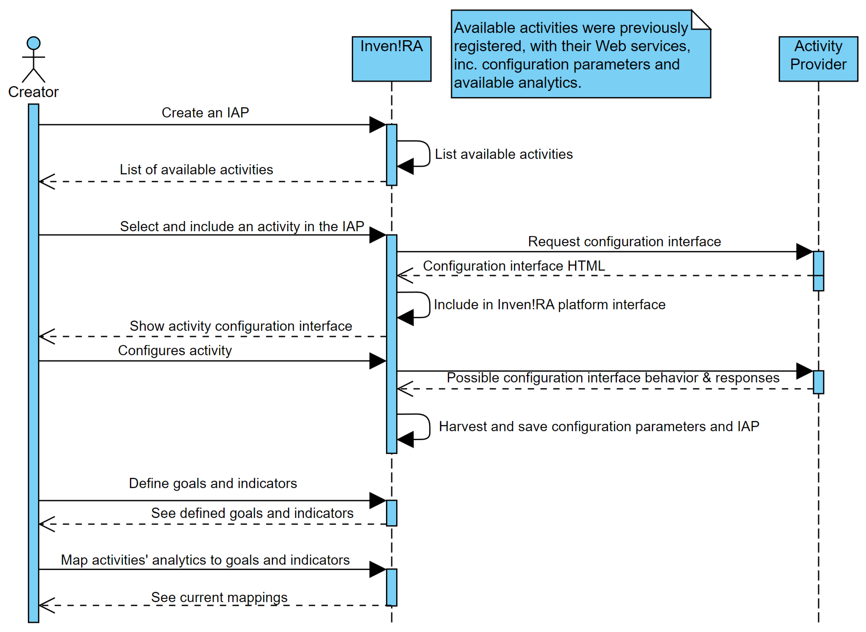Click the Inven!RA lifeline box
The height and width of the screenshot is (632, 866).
(x=391, y=59)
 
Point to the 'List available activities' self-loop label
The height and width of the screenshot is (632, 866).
(x=504, y=154)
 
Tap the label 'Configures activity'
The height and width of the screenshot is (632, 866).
(x=175, y=350)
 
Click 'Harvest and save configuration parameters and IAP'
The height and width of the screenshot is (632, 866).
(x=599, y=427)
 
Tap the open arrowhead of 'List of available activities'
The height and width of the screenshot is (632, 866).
(x=47, y=182)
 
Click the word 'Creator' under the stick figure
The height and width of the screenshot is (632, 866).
(x=33, y=92)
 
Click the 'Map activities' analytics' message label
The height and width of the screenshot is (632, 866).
(x=205, y=560)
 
